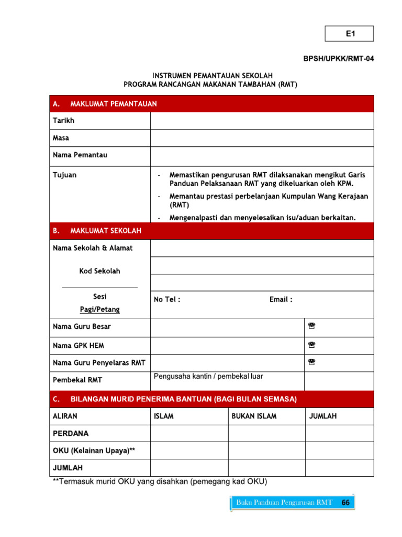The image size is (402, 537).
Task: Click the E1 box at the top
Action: pyautogui.click(x=350, y=34)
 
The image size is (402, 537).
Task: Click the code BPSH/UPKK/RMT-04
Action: pyautogui.click(x=339, y=59)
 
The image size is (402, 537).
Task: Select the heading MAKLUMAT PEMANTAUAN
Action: pyautogui.click(x=113, y=104)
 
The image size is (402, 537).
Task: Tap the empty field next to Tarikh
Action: pyautogui.click(x=262, y=121)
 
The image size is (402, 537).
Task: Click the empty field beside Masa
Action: pyautogui.click(x=262, y=138)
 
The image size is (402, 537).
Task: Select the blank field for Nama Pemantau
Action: pyautogui.click(x=262, y=156)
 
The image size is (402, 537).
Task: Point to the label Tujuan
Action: pyautogui.click(x=64, y=175)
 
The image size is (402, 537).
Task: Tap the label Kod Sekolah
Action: pyautogui.click(x=99, y=271)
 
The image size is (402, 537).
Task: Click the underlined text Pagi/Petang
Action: pyautogui.click(x=99, y=309)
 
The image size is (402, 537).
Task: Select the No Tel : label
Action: pyautogui.click(x=167, y=299)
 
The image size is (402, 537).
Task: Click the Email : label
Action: pyautogui.click(x=281, y=299)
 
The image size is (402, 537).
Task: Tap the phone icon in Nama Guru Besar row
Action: pyautogui.click(x=311, y=326)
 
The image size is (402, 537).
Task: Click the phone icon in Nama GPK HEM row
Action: pyautogui.click(x=311, y=345)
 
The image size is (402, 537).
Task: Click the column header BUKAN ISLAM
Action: pyautogui.click(x=254, y=416)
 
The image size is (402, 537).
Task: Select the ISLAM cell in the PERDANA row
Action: pyautogui.click(x=189, y=434)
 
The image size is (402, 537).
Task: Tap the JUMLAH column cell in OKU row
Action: pyautogui.click(x=339, y=451)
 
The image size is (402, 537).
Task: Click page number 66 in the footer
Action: pyautogui.click(x=345, y=502)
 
